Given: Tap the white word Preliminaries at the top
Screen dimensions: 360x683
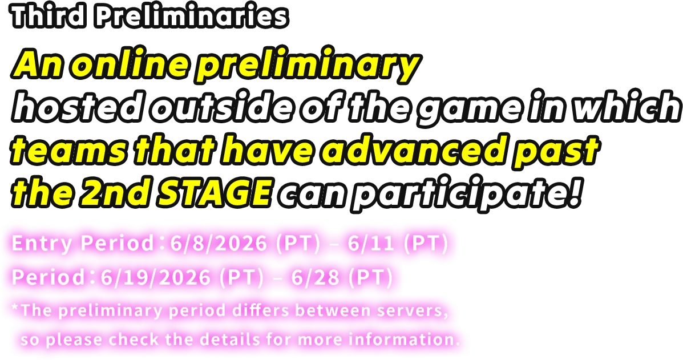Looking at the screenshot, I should pyautogui.click(x=192, y=17).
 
